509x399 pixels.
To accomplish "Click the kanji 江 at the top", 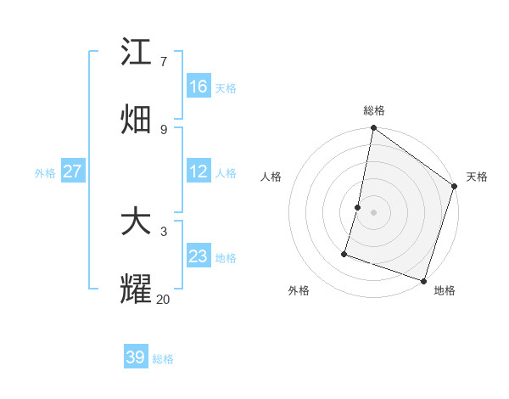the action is [x=137, y=53].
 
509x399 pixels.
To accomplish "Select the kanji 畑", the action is [x=137, y=120].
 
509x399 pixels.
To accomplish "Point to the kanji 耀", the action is [x=137, y=289].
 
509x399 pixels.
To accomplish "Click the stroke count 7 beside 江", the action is [x=163, y=61].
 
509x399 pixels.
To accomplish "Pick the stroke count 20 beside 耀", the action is [x=163, y=298].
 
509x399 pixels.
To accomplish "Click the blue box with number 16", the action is [x=199, y=87].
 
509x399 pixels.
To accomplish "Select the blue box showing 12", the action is [x=199, y=171].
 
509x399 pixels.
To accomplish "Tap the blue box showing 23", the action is [x=199, y=256].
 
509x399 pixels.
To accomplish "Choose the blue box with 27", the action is [x=72, y=171].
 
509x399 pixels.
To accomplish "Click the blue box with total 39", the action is [x=136, y=357].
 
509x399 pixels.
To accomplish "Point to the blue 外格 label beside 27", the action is [x=45, y=172].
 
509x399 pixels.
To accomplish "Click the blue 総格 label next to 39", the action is [x=163, y=359].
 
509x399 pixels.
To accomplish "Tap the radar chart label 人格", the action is [x=271, y=177].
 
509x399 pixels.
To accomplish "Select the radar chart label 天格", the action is [x=477, y=177].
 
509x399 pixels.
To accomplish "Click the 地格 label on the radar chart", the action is [x=445, y=290].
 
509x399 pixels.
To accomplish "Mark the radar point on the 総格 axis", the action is [x=373, y=129].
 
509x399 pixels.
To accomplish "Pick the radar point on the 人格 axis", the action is [x=358, y=207].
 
